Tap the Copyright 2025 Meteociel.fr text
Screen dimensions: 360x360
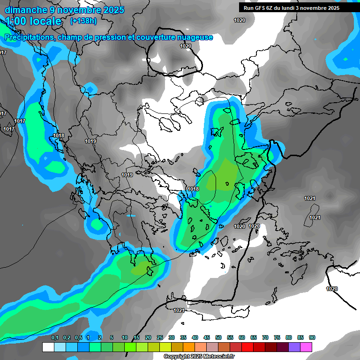[x=199, y=356]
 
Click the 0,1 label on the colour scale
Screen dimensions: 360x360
[x=55, y=337]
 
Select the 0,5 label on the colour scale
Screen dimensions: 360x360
[x=78, y=337]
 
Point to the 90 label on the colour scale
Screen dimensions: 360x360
[x=312, y=337]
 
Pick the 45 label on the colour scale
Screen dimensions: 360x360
[x=207, y=337]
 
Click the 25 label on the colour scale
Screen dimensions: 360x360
[x=160, y=337]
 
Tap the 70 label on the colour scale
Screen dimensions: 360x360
[x=265, y=337]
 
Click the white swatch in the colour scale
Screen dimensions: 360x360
[x=48, y=347]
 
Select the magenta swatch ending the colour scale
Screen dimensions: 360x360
[x=306, y=347]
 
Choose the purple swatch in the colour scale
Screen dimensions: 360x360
[x=294, y=347]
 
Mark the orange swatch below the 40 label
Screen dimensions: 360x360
[x=189, y=347]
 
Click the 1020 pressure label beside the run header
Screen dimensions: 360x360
[x=240, y=20]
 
